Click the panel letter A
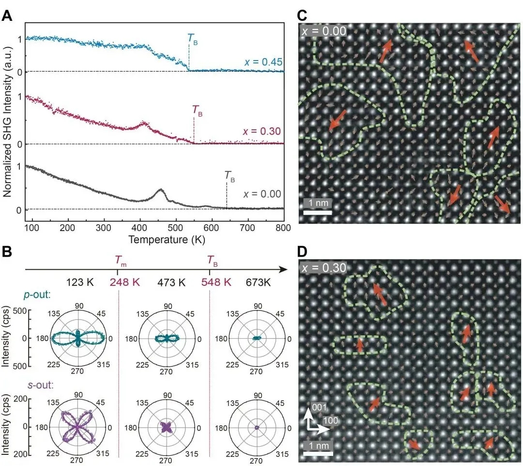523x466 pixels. click(8, 15)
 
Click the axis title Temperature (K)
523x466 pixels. click(163, 239)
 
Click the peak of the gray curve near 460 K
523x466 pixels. click(160, 190)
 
